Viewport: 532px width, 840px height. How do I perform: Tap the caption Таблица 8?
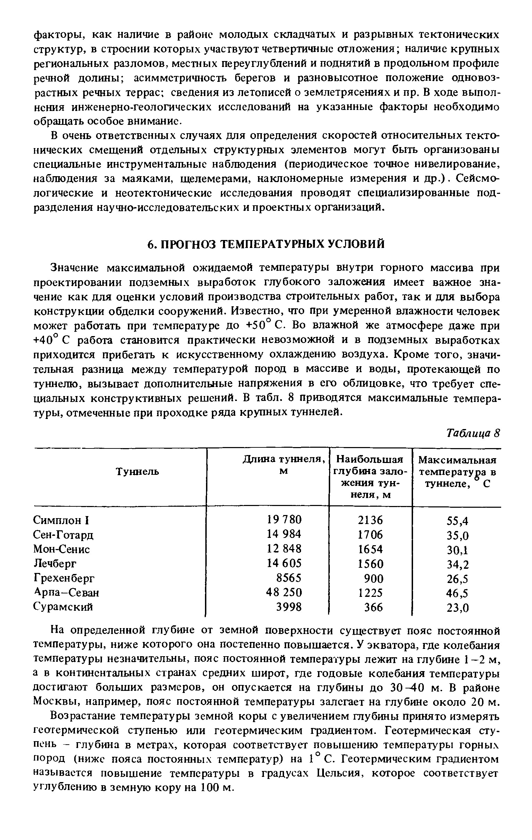tap(473, 433)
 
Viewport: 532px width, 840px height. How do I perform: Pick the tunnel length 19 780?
tap(284, 520)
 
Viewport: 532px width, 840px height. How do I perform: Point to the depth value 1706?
tap(370, 534)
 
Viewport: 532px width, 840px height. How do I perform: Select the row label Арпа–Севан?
tap(66, 593)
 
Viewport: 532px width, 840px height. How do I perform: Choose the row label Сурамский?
tap(63, 607)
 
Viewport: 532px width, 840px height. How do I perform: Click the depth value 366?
tap(373, 607)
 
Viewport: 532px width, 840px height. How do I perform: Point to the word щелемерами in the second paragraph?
tap(215, 179)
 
